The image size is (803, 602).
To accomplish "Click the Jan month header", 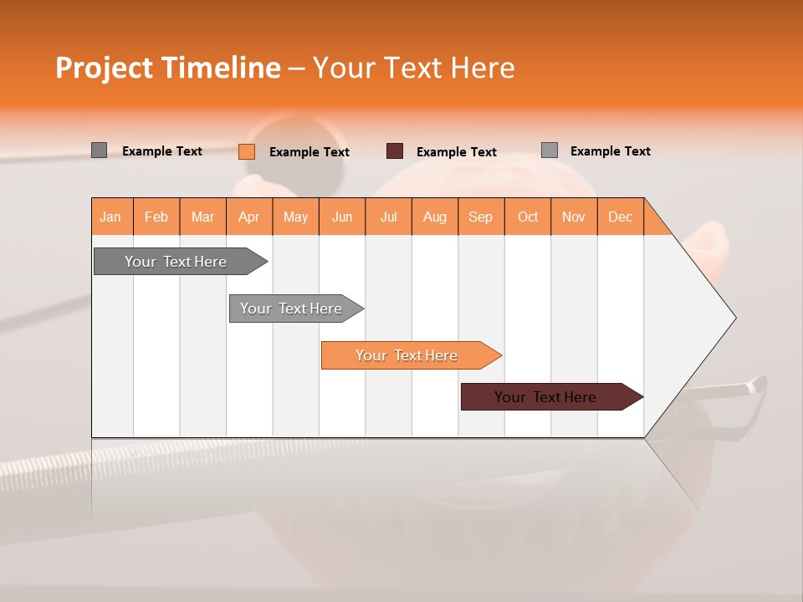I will [x=110, y=217].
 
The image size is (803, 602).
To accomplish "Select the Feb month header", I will [x=156, y=217].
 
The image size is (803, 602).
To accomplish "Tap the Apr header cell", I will [x=248, y=217].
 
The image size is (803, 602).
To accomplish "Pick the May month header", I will [x=295, y=217].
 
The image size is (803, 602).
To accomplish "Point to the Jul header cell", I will [x=388, y=217].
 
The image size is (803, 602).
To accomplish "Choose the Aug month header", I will [x=434, y=217].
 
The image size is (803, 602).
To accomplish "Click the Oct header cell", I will [x=527, y=217].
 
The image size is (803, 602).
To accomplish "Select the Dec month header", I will [x=620, y=217].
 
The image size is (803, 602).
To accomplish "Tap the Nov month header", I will [x=573, y=217].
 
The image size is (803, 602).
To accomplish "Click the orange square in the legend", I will [x=246, y=151].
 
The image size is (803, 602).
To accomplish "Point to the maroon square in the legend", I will [x=395, y=151].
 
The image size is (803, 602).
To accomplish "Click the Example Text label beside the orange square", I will [x=309, y=152].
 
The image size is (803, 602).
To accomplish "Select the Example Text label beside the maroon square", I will [x=456, y=152].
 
